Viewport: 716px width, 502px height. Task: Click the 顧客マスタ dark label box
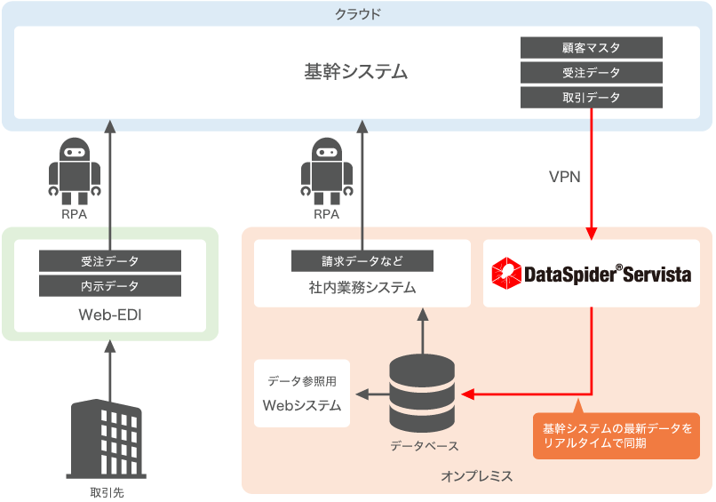point(592,48)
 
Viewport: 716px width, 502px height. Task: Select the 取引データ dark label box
point(592,98)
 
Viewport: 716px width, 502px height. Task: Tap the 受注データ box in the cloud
point(592,73)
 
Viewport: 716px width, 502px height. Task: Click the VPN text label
point(564,176)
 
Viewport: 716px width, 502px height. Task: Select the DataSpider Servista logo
point(592,274)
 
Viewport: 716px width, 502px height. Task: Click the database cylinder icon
point(422,392)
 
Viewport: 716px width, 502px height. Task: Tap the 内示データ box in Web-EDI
point(110,286)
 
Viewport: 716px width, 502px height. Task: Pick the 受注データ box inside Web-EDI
point(110,261)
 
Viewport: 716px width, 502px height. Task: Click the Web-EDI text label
point(110,315)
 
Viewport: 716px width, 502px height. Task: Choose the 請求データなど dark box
point(362,261)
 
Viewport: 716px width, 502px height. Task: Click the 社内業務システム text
point(362,288)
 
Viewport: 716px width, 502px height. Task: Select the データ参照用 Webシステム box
point(302,394)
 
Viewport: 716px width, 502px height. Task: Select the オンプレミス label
point(476,476)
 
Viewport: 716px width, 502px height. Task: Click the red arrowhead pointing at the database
point(467,394)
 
